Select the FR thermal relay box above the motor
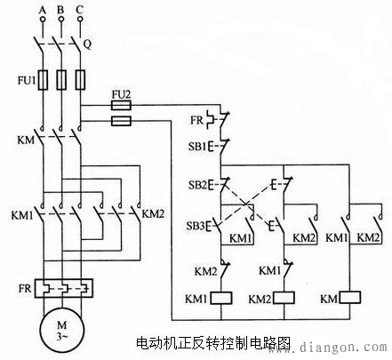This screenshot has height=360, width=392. pyautogui.click(x=62, y=289)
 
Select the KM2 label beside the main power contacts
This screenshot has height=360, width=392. pyautogui.click(x=153, y=214)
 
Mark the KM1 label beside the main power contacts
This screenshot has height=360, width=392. pyautogui.click(x=21, y=214)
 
